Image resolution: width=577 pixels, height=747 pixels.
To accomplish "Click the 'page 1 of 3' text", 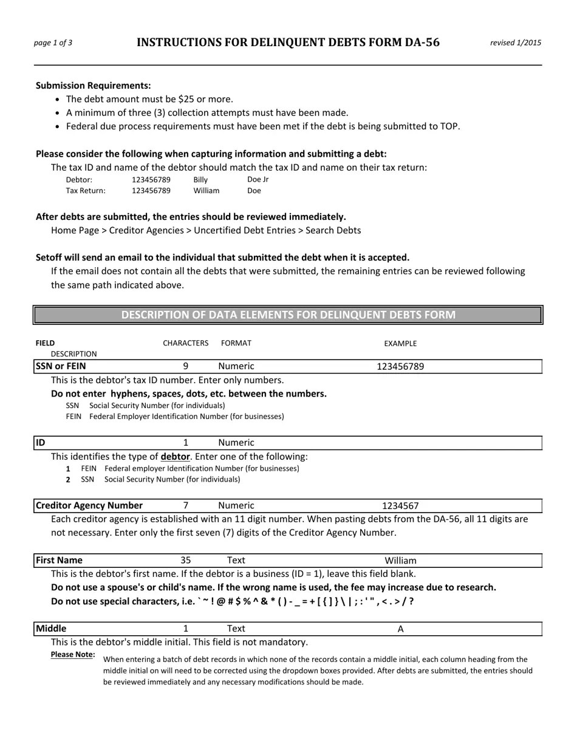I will click(x=53, y=43).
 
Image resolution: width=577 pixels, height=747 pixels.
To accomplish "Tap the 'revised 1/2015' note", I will click(x=516, y=43).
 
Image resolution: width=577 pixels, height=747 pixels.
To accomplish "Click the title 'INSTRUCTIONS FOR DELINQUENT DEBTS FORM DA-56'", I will click(x=288, y=43).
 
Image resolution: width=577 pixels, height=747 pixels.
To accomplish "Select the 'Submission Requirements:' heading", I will click(x=94, y=86).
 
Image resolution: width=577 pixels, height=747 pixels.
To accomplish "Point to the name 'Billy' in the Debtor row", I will click(x=200, y=180).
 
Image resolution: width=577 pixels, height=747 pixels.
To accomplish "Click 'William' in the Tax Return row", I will click(x=207, y=191).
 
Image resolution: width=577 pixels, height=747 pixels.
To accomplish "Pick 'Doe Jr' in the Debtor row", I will click(x=258, y=180).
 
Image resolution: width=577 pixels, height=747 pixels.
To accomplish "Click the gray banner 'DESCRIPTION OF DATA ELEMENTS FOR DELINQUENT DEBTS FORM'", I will click(x=288, y=315).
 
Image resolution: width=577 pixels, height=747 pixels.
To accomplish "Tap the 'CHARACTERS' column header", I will click(x=185, y=343).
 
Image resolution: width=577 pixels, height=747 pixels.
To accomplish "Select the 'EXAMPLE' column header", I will click(x=400, y=344).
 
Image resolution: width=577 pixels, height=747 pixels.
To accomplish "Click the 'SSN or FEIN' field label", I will click(x=61, y=366).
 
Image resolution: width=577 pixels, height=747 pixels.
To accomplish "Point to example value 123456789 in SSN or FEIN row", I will click(x=400, y=367).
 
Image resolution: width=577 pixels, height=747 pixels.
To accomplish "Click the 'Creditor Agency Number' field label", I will click(x=89, y=505).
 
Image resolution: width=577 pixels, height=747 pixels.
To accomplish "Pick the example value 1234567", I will click(x=400, y=506).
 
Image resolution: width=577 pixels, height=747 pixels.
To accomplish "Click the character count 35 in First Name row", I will click(x=185, y=560).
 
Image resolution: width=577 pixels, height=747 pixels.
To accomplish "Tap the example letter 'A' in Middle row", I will click(x=400, y=629).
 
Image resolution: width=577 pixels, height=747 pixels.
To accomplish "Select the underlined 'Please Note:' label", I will click(x=73, y=655).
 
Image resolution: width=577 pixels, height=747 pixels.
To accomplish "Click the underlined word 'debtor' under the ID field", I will click(x=175, y=457).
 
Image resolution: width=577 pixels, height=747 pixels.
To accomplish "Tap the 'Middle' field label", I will click(x=51, y=629).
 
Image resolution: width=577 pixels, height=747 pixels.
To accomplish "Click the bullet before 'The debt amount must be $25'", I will click(x=58, y=100).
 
